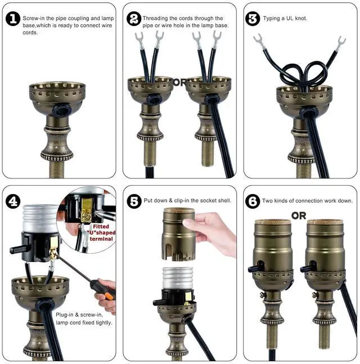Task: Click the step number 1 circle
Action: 13,19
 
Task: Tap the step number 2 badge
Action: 134,19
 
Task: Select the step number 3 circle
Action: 253,19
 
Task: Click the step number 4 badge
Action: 13,201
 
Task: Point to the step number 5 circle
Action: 134,201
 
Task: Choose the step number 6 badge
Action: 253,201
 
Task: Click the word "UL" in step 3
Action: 290,19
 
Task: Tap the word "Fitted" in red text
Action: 101,226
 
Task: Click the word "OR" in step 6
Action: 299,216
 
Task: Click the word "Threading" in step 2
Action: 155,19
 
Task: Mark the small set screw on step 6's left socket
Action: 263,295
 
